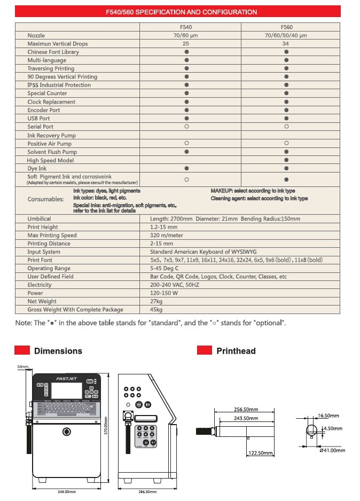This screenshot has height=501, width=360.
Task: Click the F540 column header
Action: pyautogui.click(x=186, y=27)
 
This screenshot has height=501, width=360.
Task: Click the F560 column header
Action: pyautogui.click(x=286, y=27)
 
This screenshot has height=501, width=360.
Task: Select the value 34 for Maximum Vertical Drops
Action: pyautogui.click(x=286, y=44)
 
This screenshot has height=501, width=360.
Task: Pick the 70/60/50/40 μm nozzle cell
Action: pyautogui.click(x=286, y=35)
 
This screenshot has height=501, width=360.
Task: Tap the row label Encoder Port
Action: pyautogui.click(x=44, y=110)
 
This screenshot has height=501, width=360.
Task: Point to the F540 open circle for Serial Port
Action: pyautogui.click(x=186, y=127)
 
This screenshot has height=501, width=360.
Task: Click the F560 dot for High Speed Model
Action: pyautogui.click(x=286, y=160)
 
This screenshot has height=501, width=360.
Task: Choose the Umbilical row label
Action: pyautogui.click(x=40, y=218)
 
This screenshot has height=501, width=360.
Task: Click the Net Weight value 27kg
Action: pyautogui.click(x=156, y=301)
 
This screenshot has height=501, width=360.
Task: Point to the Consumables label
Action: pyautogui.click(x=45, y=199)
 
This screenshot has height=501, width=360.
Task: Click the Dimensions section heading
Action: pyautogui.click(x=58, y=351)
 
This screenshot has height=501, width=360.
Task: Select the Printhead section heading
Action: pyautogui.click(x=236, y=351)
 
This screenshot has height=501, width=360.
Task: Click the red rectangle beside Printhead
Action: pyautogui.click(x=205, y=350)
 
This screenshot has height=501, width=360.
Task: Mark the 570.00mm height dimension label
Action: pyautogui.click(x=106, y=426)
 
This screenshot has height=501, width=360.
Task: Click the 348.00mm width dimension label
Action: pyautogui.click(x=66, y=491)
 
